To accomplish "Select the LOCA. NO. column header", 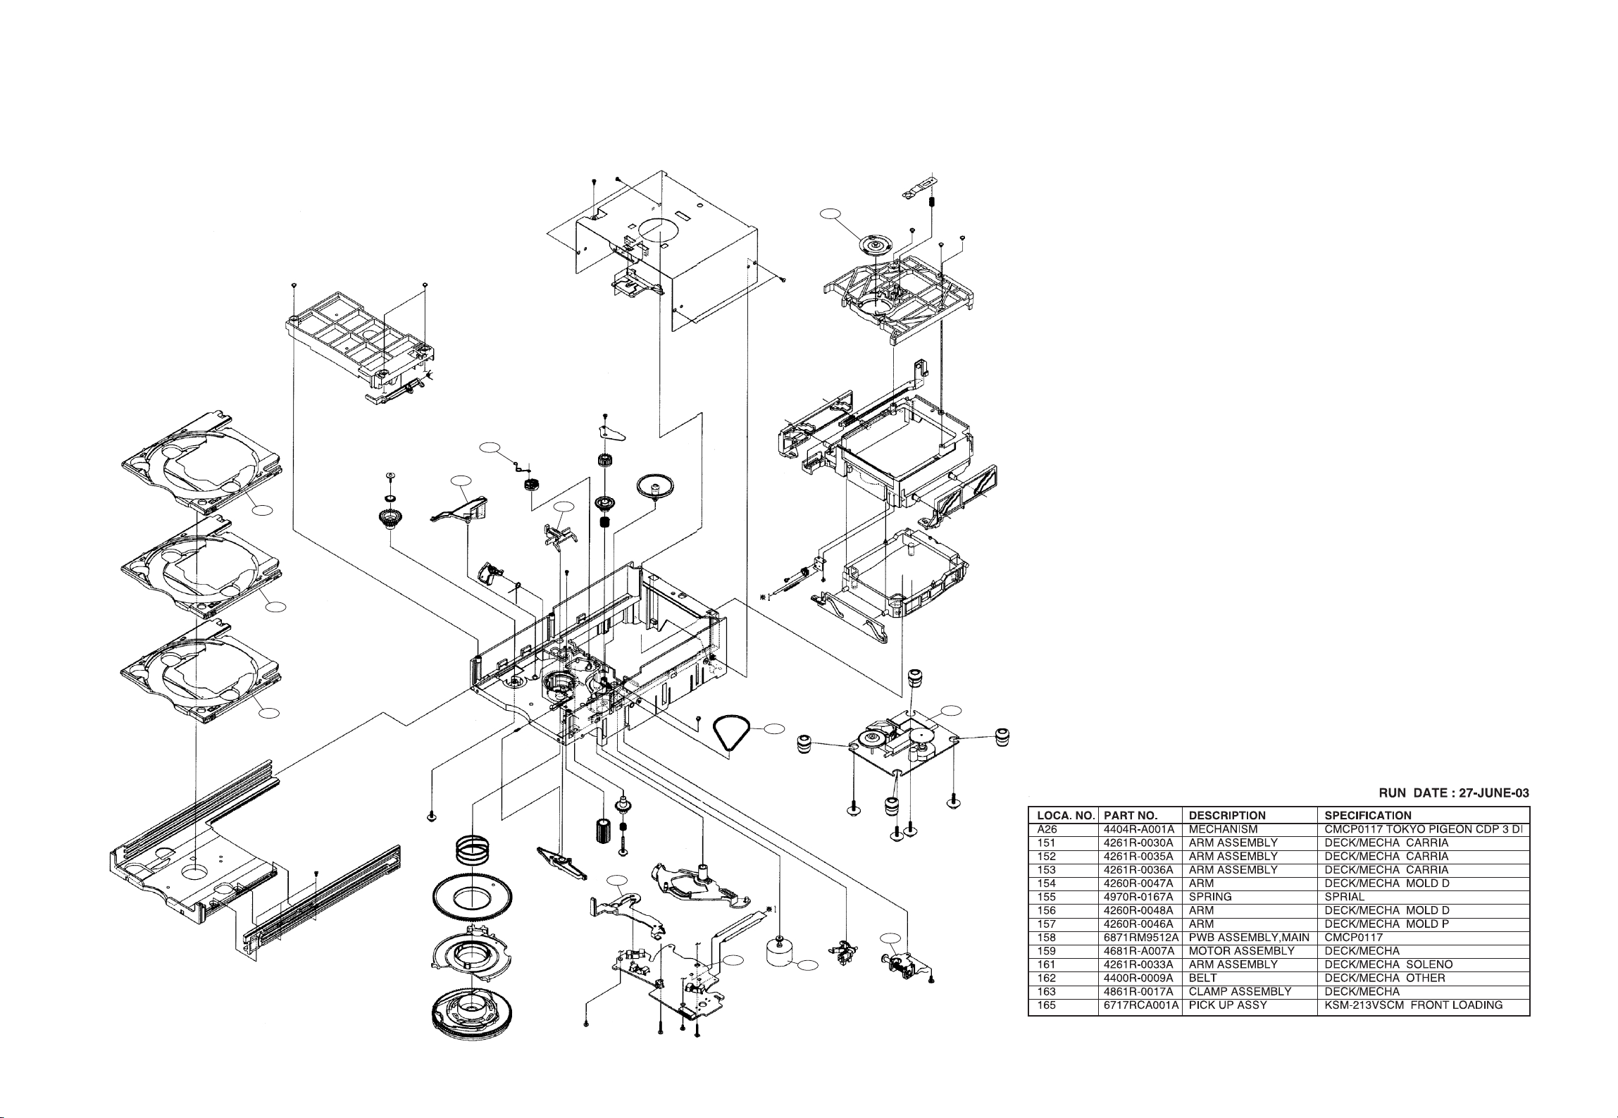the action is click(x=1066, y=816).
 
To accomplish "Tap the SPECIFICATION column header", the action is click(x=1368, y=816).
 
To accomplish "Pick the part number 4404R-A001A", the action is click(x=1139, y=829).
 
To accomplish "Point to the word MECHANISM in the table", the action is click(x=1223, y=829).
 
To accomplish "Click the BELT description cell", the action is click(x=1202, y=978).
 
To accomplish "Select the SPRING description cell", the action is click(x=1210, y=897).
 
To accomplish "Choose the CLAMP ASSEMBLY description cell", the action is click(x=1240, y=991).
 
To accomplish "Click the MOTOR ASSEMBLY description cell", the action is click(x=1241, y=951).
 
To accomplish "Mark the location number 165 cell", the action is click(x=1047, y=1005).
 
